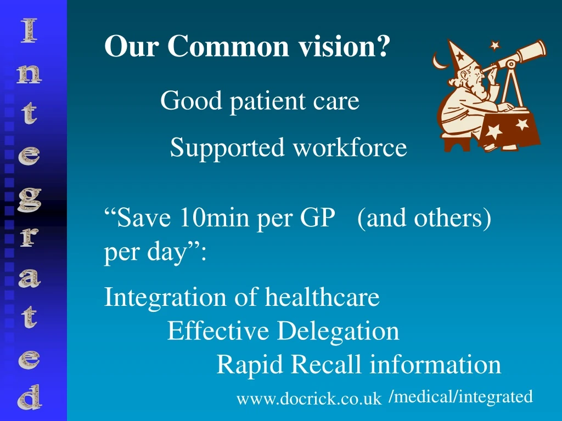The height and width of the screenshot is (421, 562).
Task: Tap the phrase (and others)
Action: pyautogui.click(x=424, y=219)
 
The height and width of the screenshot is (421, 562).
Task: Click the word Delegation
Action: pyautogui.click(x=338, y=331)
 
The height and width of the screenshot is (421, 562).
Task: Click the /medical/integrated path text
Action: pyautogui.click(x=460, y=396)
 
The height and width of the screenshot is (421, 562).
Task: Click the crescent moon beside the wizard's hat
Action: pyautogui.click(x=440, y=61)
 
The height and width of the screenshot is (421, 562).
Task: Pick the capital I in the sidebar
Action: pyautogui.click(x=29, y=30)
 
